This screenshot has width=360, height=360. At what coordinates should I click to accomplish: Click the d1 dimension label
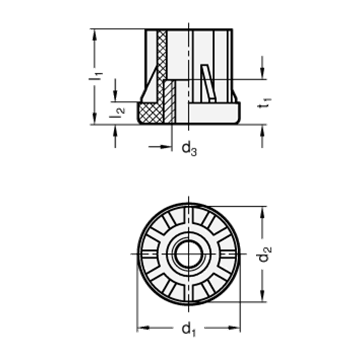pos(189,329)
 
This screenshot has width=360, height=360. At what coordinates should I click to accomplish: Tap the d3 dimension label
pos(189,148)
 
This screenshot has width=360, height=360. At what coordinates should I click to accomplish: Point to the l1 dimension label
pos(96,76)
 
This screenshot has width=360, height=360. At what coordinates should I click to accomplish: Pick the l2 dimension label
pos(117,113)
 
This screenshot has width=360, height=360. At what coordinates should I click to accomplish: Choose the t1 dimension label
pos(265,103)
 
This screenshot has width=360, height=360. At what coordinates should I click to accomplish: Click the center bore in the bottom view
pos(189,254)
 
